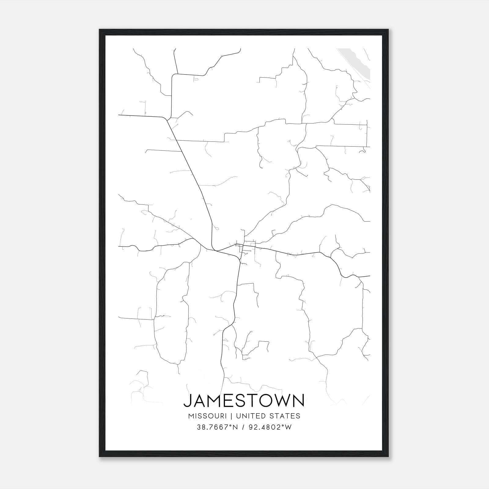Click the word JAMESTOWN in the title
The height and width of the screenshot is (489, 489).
pyautogui.click(x=244, y=400)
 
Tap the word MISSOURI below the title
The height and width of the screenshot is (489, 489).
pyautogui.click(x=208, y=416)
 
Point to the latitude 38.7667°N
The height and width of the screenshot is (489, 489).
pyautogui.click(x=217, y=427)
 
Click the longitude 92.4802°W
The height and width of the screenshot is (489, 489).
pyautogui.click(x=270, y=427)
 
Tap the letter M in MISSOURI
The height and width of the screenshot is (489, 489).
pyautogui.click(x=191, y=416)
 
